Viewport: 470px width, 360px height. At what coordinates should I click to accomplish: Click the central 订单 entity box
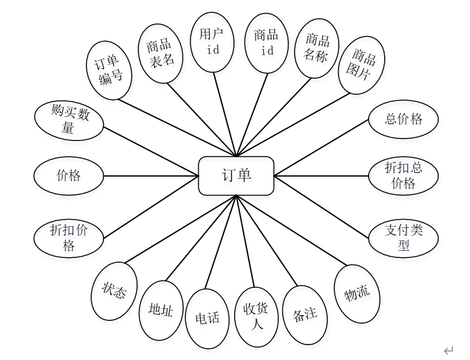click(x=236, y=175)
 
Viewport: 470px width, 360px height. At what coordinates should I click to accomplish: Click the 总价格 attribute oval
click(x=404, y=119)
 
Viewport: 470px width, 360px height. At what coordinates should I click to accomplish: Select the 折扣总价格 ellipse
click(x=404, y=175)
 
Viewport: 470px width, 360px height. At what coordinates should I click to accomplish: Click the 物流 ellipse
click(x=357, y=293)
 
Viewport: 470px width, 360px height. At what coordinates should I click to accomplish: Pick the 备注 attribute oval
click(x=305, y=315)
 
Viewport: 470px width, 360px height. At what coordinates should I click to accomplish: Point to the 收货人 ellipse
click(x=256, y=316)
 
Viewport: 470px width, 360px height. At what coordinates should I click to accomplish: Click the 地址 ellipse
click(x=161, y=310)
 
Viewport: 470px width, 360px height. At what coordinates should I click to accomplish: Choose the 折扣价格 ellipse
click(x=69, y=237)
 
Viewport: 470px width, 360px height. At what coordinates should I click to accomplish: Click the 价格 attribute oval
click(x=69, y=175)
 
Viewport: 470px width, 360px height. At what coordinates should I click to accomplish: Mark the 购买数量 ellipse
click(x=69, y=120)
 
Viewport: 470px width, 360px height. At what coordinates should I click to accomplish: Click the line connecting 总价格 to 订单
click(x=321, y=147)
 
